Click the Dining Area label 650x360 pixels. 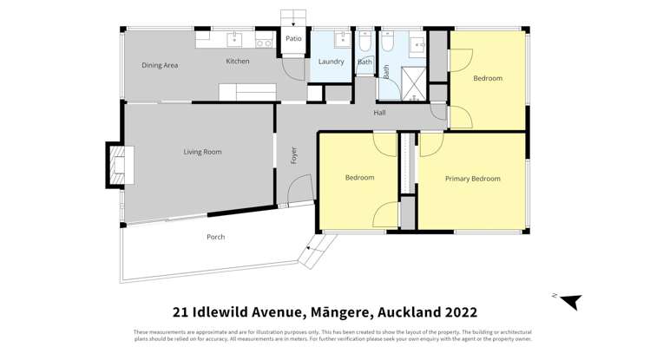point(160,65)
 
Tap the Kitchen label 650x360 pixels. point(238,62)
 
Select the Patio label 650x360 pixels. point(293,38)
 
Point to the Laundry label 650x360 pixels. point(331,62)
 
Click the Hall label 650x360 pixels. point(379,113)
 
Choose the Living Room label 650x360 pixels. point(202,152)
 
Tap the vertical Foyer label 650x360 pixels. point(294,155)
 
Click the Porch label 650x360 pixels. point(215,237)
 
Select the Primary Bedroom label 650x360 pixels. point(472,179)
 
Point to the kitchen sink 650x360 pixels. point(235,40)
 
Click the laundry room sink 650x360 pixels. point(343,39)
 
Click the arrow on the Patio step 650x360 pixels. point(293,21)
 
